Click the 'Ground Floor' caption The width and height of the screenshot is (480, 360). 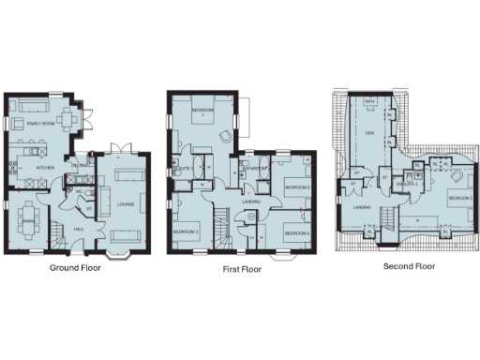(75, 266)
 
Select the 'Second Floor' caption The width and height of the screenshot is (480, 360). (409, 265)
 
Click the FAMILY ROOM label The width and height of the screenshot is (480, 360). (43, 123)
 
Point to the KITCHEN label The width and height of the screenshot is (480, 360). (45, 169)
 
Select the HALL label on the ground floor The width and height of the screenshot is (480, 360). (82, 227)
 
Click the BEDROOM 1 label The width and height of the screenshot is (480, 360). (203, 112)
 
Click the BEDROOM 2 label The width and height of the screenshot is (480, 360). (459, 200)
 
